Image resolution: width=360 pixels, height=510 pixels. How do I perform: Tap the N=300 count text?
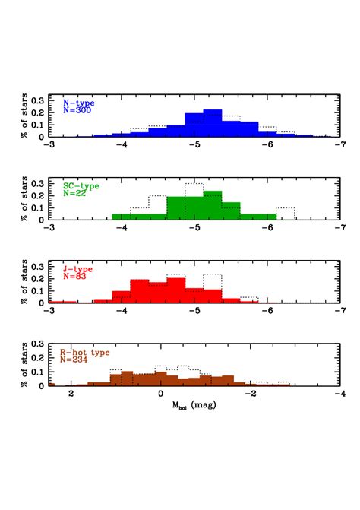click(77, 110)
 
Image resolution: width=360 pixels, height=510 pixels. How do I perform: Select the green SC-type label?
click(82, 185)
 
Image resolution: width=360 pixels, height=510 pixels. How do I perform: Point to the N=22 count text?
click(76, 193)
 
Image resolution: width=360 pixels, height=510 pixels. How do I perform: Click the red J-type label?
click(79, 268)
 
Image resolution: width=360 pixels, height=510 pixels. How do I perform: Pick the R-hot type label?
click(84, 352)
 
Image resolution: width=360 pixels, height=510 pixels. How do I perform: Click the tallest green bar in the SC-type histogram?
click(213, 205)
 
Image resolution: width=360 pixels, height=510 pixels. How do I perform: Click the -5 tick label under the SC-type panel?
click(194, 226)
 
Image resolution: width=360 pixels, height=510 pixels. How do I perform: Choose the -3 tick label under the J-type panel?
click(49, 309)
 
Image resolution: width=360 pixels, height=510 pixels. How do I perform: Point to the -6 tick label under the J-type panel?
click(267, 309)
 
